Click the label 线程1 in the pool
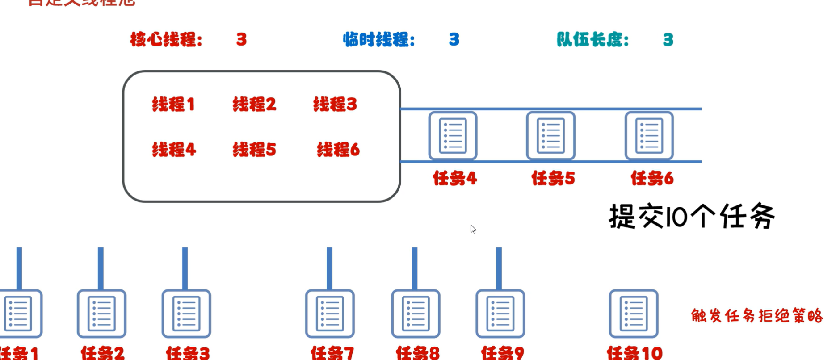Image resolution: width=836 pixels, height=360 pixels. pos(173,105)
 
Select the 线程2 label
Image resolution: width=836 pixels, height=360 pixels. pos(254,105)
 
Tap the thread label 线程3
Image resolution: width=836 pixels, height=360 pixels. pos(335,105)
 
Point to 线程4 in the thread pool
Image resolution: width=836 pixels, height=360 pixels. pos(174,150)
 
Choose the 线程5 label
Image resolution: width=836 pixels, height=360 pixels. pos(254,150)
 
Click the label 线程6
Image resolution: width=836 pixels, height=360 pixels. pos(338,150)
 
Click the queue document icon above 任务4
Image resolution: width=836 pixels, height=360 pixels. pos(453,135)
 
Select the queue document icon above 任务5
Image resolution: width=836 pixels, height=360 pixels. pos(550,135)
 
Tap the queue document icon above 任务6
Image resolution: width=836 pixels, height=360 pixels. pos(649,135)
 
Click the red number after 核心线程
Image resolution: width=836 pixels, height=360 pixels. pos(241,40)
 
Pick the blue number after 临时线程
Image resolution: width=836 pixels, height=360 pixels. pos(454,40)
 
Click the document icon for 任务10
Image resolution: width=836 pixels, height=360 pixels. pos(633,313)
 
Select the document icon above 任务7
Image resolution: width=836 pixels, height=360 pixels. pos(330,313)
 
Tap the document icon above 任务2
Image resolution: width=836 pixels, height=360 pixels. pos(101,313)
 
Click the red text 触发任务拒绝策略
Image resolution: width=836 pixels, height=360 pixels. pos(756,316)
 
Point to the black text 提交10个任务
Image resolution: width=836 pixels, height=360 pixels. pos(692,217)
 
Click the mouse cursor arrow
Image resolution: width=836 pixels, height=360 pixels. pos(473,229)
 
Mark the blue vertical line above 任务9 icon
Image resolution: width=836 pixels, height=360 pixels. pos(499,268)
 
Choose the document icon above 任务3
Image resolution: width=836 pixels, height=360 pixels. pos(186,313)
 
